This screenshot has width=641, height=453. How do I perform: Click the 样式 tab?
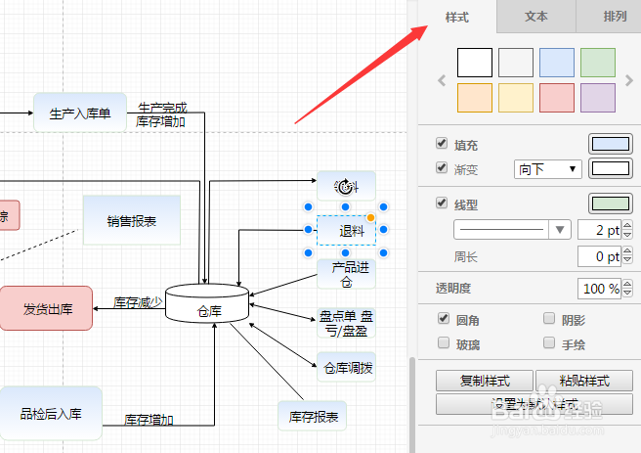coord(457,17)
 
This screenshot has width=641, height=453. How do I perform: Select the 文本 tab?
coord(535,17)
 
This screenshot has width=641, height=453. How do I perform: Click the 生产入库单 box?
coord(80,113)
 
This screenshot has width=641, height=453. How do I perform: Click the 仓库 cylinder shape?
coord(208,304)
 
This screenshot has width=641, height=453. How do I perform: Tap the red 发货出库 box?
coord(46,308)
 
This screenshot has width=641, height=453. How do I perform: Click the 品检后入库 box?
coord(51,413)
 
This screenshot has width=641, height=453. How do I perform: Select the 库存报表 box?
coord(313,417)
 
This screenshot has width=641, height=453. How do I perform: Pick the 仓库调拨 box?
coord(346,368)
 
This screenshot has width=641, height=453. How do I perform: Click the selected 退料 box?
coord(346,231)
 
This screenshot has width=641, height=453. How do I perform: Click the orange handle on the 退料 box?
coord(370,216)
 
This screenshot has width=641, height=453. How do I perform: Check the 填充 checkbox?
coord(442,144)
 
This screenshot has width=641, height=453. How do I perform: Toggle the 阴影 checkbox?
coord(548,320)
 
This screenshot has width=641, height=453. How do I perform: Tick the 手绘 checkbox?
coord(548,343)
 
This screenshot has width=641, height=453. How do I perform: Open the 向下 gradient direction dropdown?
coord(547,169)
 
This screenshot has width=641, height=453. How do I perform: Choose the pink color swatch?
coord(557,98)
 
